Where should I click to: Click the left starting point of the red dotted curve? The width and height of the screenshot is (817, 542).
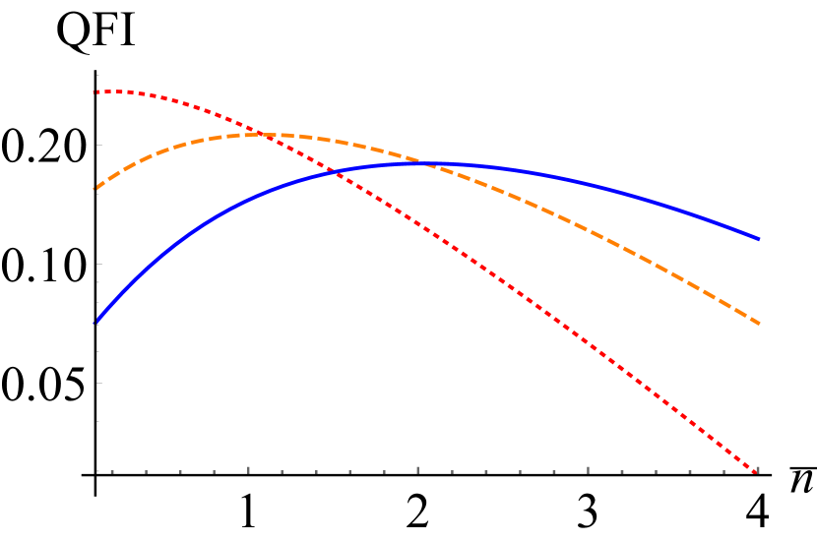(x=94, y=91)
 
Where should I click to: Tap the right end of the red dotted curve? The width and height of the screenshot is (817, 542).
(x=758, y=473)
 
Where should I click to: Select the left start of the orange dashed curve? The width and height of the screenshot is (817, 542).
(x=94, y=188)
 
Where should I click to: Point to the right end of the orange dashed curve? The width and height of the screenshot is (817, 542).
(x=759, y=323)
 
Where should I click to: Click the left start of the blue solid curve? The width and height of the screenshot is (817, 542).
(x=94, y=323)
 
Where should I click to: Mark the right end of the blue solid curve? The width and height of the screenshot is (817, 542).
(x=759, y=238)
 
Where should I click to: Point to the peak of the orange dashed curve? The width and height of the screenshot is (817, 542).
(x=271, y=134)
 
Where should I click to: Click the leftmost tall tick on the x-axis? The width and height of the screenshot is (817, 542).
(x=248, y=470)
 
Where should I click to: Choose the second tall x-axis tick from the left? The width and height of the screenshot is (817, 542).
(x=417, y=470)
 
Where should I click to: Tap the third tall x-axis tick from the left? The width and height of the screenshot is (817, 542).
(x=588, y=470)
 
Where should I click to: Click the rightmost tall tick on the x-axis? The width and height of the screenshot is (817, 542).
(x=758, y=470)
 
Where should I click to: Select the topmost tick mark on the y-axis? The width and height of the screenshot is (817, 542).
(x=98, y=75)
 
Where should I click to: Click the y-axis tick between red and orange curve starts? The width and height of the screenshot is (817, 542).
(x=99, y=145)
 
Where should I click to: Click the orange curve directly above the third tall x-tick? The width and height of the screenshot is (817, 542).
(x=588, y=230)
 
